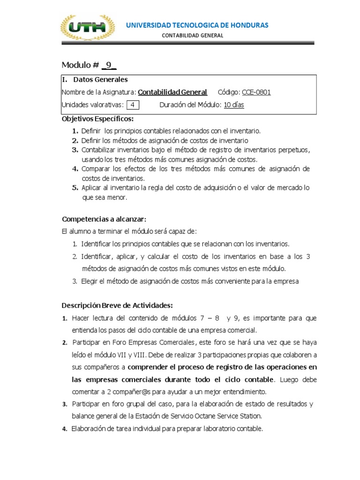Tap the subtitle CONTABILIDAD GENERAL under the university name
tap(193, 36)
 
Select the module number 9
tap(109, 65)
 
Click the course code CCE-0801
tap(256, 92)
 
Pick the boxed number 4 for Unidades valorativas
tap(133, 105)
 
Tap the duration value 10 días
tap(233, 105)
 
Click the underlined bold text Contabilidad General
tap(173, 92)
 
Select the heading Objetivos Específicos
tap(98, 119)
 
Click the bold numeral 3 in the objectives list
tap(75, 150)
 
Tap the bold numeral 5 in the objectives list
tap(75, 188)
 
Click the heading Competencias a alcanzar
tap(104, 219)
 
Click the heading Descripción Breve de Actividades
tap(117, 306)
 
